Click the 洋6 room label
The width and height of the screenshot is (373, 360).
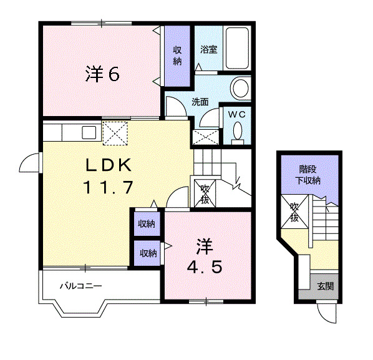[x=102, y=74]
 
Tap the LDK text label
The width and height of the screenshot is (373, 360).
[x=109, y=165]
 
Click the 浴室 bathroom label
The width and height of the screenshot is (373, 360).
[x=208, y=49]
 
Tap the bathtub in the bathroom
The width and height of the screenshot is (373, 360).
[x=237, y=48]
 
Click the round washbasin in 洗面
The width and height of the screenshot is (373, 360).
[x=241, y=88]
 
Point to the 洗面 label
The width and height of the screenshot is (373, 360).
[x=200, y=102]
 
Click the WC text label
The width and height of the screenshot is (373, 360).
[x=236, y=114]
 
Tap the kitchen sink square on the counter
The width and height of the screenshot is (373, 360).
[x=89, y=132]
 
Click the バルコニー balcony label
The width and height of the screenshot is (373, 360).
[x=81, y=286]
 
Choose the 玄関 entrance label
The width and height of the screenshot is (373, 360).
[x=326, y=286]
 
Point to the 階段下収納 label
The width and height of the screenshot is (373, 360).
[x=308, y=175]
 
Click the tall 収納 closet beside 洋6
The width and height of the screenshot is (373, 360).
[x=178, y=56]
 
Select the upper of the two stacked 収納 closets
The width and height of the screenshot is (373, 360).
[x=147, y=223]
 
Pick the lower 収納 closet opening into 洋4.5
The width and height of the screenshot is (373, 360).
[x=147, y=253]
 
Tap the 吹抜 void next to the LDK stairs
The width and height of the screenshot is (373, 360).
[x=205, y=193]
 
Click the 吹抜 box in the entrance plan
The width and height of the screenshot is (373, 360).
[x=294, y=212]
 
